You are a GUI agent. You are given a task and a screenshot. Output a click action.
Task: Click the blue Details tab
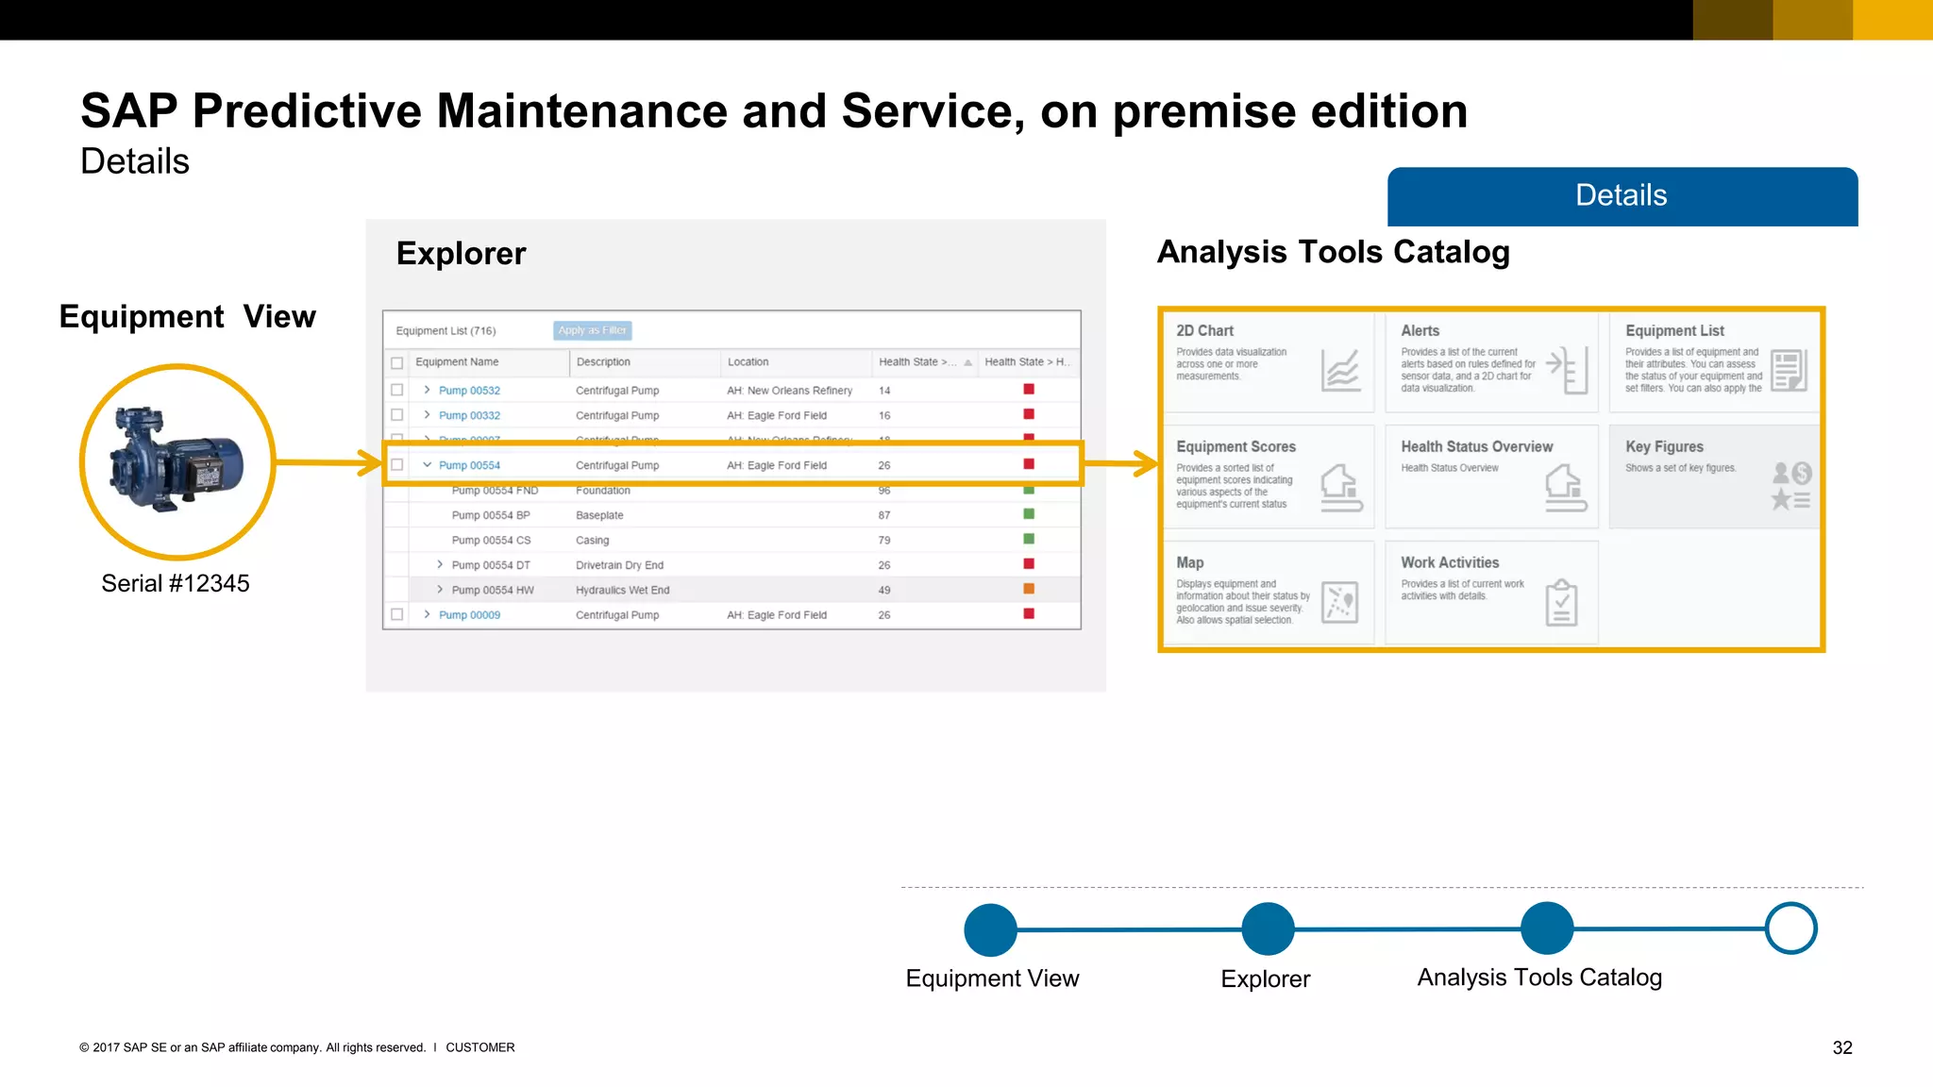pyautogui.click(x=1622, y=196)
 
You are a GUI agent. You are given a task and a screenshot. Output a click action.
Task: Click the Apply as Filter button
pyautogui.click(x=592, y=330)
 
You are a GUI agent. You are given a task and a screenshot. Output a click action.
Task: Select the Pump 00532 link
pyautogui.click(x=469, y=391)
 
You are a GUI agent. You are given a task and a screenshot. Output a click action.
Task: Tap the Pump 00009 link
pyautogui.click(x=469, y=615)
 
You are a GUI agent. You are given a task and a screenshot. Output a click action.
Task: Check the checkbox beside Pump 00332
pyautogui.click(x=397, y=415)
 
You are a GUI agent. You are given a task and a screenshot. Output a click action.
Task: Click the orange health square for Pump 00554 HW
pyautogui.click(x=1029, y=589)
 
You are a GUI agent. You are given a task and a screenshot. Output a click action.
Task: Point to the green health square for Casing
pyautogui.click(x=1029, y=539)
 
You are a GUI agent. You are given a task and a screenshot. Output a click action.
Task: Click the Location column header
pyautogui.click(x=748, y=362)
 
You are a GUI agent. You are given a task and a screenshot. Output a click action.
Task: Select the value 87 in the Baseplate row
pyautogui.click(x=884, y=515)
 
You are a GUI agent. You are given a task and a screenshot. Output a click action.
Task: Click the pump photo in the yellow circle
pyautogui.click(x=177, y=461)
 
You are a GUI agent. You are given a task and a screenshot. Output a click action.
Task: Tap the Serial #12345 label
pyautogui.click(x=176, y=583)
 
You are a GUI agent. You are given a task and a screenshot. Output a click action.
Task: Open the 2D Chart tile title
pyautogui.click(x=1204, y=331)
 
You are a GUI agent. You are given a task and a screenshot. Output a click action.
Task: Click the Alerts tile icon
pyautogui.click(x=1568, y=369)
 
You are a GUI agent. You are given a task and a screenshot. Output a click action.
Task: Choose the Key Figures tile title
pyautogui.click(x=1664, y=447)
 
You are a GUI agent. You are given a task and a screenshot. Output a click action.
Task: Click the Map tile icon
pyautogui.click(x=1340, y=602)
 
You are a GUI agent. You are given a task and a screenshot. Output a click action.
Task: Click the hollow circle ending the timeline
pyautogui.click(x=1790, y=928)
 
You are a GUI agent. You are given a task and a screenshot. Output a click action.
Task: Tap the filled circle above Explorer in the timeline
pyautogui.click(x=1268, y=928)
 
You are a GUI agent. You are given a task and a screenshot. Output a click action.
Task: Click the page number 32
pyautogui.click(x=1842, y=1048)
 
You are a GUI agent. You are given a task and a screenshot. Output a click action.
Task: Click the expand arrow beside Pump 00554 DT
pyautogui.click(x=440, y=564)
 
